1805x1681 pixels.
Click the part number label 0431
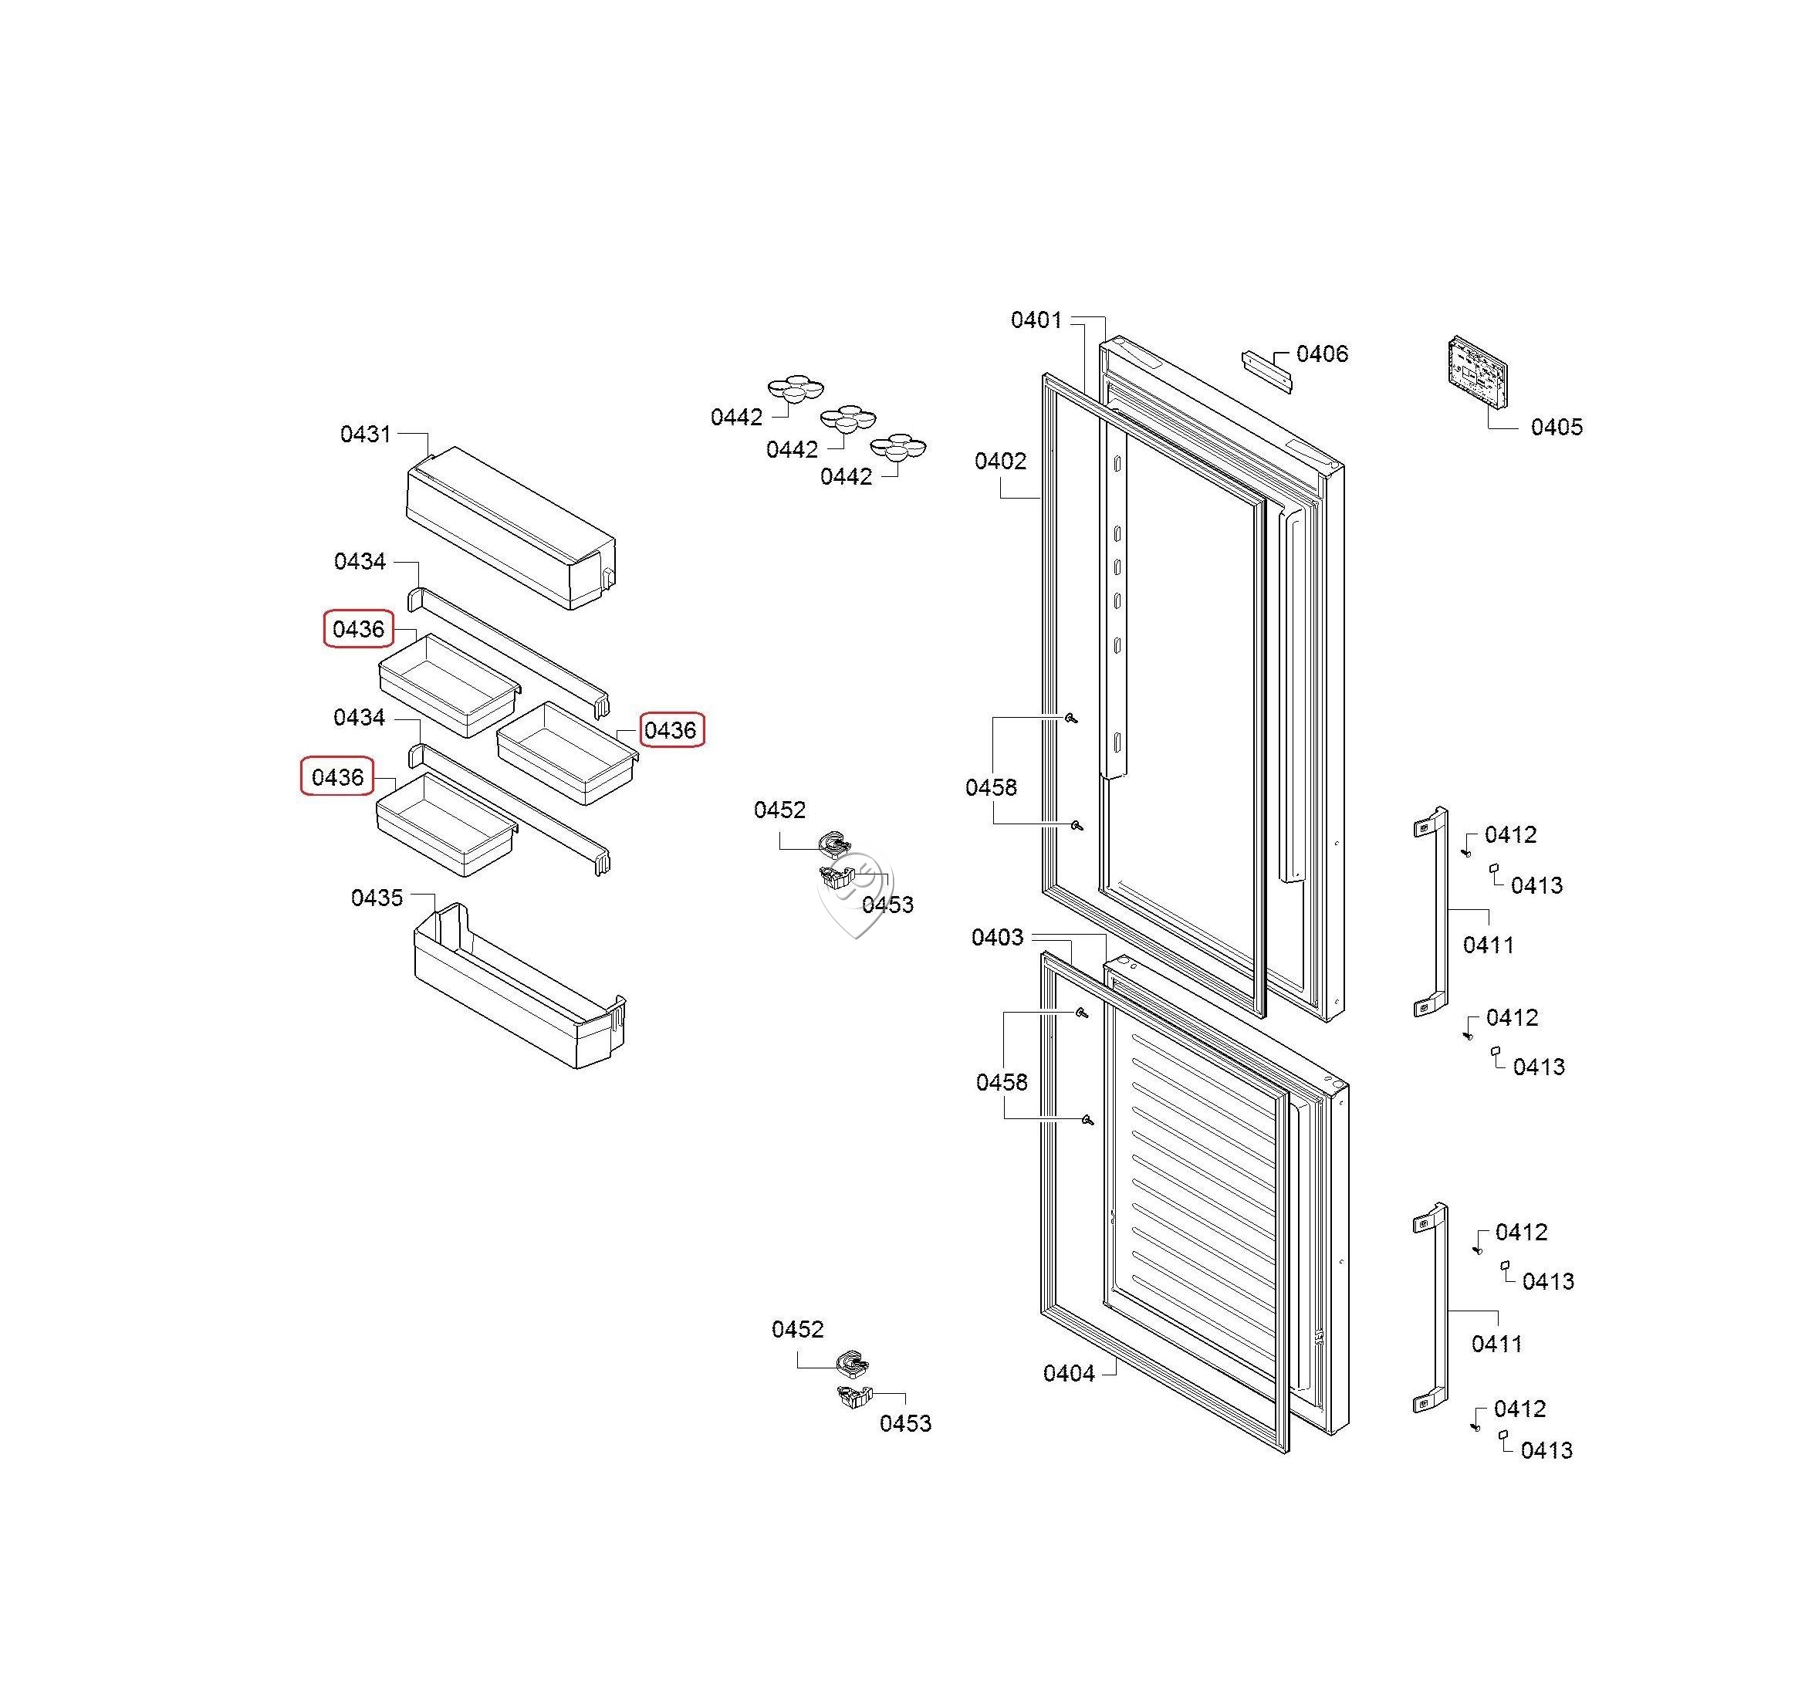coord(365,434)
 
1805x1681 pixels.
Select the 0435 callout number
coord(377,898)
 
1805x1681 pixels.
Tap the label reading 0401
coord(1036,320)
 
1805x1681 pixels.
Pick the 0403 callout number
coord(997,937)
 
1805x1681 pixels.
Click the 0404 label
coord(1069,1373)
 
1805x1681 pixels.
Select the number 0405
coord(1557,427)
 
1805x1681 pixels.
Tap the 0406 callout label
coord(1322,354)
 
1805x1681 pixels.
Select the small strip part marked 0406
coord(1266,371)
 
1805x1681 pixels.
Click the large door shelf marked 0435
coord(519,986)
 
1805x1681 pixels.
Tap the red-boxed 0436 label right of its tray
coord(671,730)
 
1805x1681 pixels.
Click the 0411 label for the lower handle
coord(1496,1343)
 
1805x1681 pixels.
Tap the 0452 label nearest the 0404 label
coord(797,1330)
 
